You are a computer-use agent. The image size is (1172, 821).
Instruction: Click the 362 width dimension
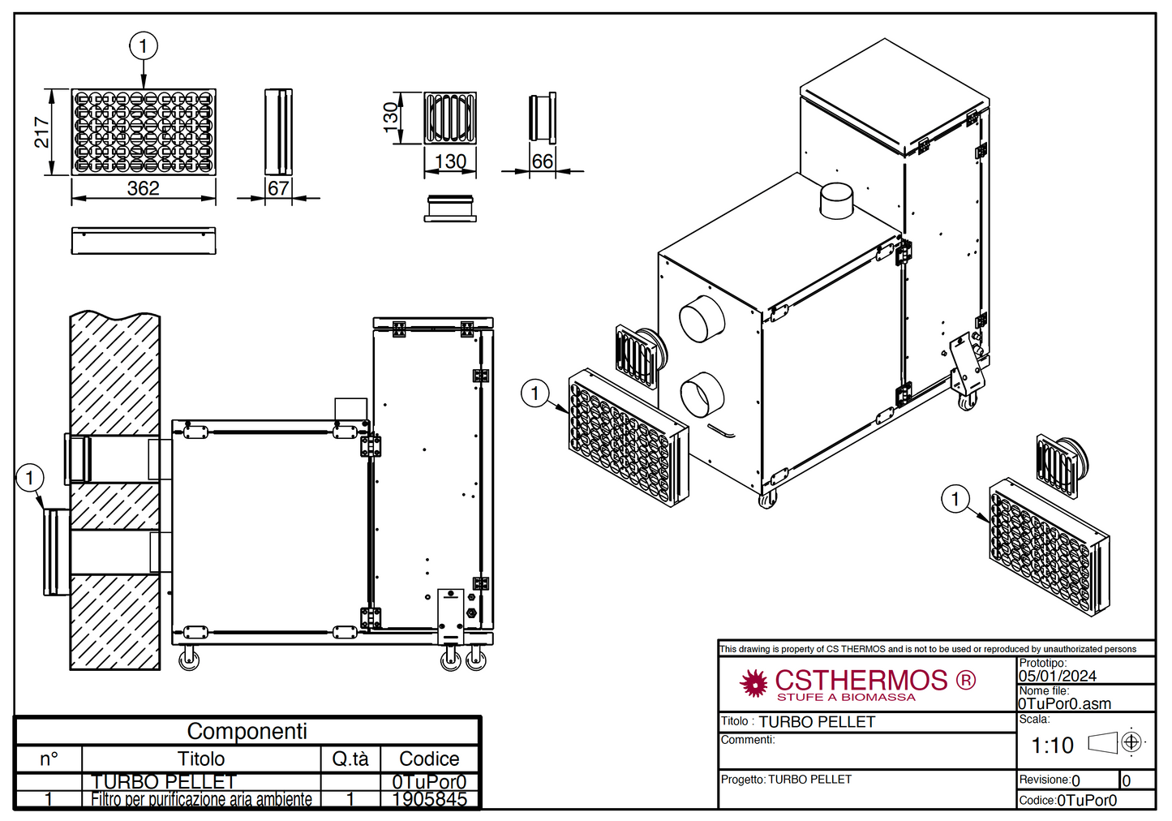tap(144, 188)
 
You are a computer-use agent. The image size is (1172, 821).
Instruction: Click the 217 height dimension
tap(41, 132)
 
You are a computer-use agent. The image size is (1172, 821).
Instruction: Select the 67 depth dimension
tap(278, 188)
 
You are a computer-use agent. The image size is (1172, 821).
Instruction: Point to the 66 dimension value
tap(542, 161)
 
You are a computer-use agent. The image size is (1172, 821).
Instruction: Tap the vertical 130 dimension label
tap(391, 114)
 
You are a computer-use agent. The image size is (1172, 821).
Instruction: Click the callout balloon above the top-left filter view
tap(144, 46)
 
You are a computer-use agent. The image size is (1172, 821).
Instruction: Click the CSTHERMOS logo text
tap(861, 680)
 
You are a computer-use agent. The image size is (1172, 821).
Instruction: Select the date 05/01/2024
tap(1058, 676)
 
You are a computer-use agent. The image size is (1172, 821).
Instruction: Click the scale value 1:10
tap(1052, 745)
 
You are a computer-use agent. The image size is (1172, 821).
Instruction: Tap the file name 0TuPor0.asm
tap(1064, 704)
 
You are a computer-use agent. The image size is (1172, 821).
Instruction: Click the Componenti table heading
tap(247, 731)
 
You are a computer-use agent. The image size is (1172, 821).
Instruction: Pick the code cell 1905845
tap(429, 799)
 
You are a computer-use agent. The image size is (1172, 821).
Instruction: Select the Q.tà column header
tap(350, 759)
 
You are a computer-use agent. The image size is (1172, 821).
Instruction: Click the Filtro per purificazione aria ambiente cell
tap(201, 799)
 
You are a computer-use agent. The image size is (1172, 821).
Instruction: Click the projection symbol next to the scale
tap(1131, 741)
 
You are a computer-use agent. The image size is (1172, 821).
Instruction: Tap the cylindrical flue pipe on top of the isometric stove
tap(836, 200)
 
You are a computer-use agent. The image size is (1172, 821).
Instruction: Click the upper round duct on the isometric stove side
tap(702, 319)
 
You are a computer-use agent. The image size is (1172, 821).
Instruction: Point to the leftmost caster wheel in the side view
tap(189, 659)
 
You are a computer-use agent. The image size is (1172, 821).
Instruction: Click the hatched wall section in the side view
tap(114, 373)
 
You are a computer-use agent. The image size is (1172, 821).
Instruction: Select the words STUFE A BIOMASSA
tap(846, 697)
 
